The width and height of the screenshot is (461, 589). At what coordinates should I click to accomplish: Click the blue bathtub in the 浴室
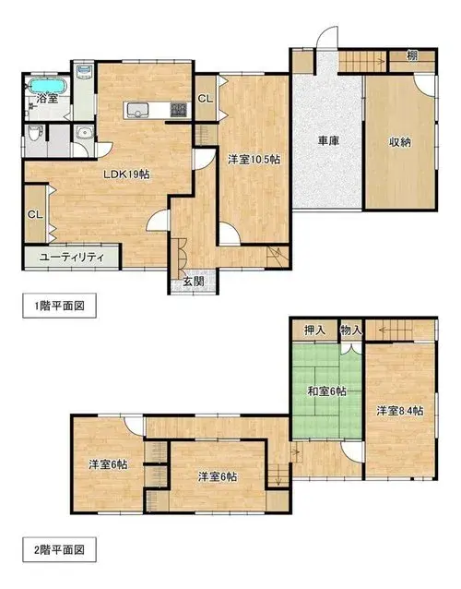coord(48,86)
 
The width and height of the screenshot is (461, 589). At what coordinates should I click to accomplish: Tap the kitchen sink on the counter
coord(137,110)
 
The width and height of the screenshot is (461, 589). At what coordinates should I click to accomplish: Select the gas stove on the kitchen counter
coord(179,110)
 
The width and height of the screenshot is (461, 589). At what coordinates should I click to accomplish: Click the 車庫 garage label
coord(329,141)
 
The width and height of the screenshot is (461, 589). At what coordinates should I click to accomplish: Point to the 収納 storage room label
coord(399,142)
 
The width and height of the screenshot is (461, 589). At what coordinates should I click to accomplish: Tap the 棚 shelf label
coord(412,56)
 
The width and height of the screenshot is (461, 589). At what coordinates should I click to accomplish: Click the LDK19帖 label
coord(127,174)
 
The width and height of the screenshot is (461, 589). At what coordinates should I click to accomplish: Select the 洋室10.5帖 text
coord(254,160)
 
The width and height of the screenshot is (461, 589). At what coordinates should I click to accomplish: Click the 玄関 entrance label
coord(194,281)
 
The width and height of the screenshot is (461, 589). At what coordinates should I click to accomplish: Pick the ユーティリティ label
coord(72,258)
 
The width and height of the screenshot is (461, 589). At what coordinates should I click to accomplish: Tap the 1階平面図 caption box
coord(60,306)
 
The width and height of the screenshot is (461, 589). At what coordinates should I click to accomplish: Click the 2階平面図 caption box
coord(60,550)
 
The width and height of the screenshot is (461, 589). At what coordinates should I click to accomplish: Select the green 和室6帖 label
coord(326,391)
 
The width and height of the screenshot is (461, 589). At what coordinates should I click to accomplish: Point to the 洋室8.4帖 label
coord(400,411)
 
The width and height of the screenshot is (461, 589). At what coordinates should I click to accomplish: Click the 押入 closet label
coord(315,331)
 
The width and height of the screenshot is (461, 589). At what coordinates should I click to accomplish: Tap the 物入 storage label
coord(351,331)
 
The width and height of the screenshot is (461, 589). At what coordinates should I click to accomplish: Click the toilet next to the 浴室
coord(34,133)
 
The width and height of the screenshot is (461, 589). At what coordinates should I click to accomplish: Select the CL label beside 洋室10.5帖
coord(206,99)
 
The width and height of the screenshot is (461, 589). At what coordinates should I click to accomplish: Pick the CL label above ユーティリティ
coord(36,215)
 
